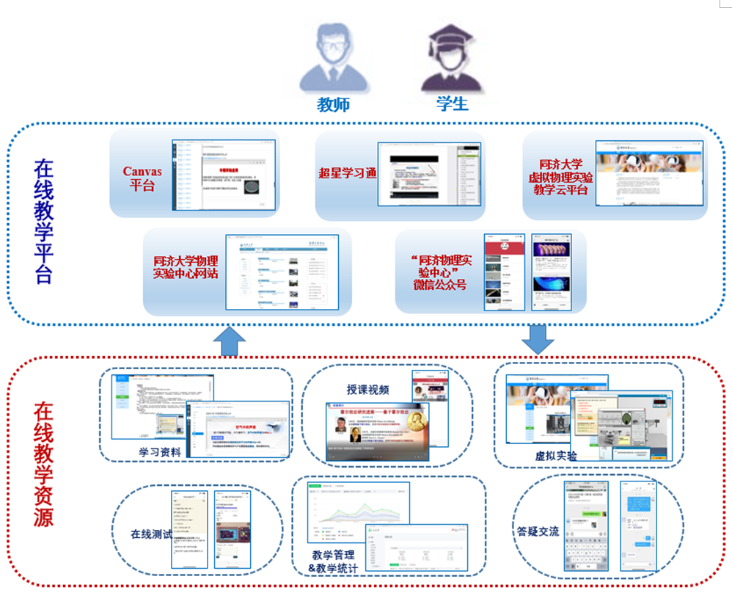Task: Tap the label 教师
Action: [x=333, y=104]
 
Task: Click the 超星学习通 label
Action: [x=347, y=174]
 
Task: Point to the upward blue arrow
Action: [x=233, y=340]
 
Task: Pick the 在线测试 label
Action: [x=151, y=534]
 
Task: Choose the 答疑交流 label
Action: [x=538, y=531]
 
